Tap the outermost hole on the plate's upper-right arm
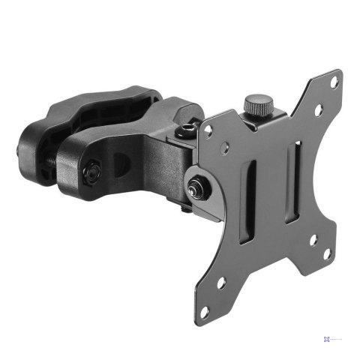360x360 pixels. click(334, 82)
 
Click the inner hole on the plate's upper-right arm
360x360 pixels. click(318, 110)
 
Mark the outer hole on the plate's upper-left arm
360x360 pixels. click(208, 129)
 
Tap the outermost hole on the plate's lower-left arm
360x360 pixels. click(222, 283)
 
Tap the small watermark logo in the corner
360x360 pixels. click(328, 338)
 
